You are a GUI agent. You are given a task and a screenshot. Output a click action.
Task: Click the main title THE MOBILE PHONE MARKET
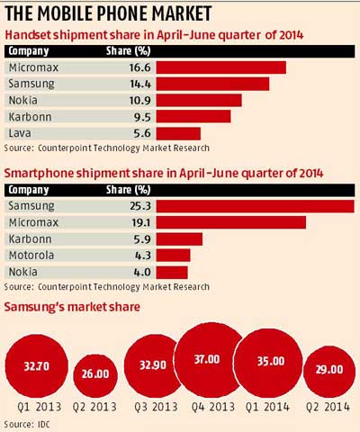110,13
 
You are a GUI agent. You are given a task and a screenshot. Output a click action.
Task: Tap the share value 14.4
139,84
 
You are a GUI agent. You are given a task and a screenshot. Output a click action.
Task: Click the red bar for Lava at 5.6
184,133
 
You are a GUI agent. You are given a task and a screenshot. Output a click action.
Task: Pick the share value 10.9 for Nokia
139,100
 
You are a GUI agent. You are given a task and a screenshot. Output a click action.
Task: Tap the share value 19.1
139,222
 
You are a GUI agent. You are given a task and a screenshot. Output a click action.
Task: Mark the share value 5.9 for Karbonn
139,238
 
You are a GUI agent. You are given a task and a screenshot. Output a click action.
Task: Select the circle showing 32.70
35,366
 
